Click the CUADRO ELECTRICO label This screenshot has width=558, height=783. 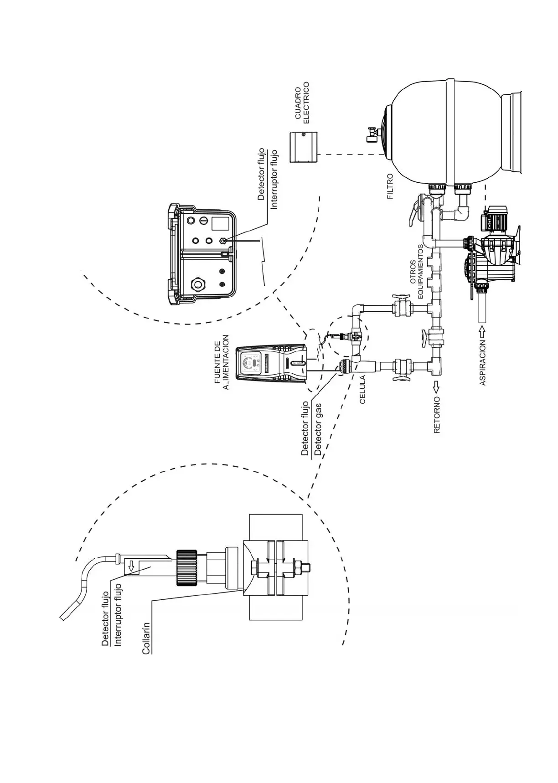click(x=302, y=102)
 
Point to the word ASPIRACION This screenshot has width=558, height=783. click(x=483, y=363)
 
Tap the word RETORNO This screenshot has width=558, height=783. click(x=437, y=414)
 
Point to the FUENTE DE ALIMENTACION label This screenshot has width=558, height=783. click(x=222, y=362)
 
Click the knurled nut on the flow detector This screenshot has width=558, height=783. click(x=186, y=567)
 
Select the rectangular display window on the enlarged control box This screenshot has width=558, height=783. click(x=220, y=222)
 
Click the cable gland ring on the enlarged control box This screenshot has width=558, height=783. click(x=198, y=284)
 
